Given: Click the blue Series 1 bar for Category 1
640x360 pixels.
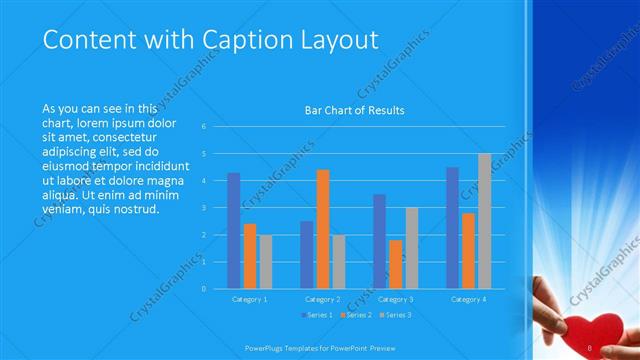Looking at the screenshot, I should click(234, 230).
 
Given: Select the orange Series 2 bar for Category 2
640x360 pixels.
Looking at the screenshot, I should click(323, 229).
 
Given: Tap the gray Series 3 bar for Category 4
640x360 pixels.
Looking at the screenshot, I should click(485, 221).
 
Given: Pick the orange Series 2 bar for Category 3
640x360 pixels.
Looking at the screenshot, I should click(396, 264).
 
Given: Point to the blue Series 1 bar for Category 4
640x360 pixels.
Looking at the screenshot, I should click(453, 227).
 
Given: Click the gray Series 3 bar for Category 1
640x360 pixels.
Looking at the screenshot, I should click(265, 262).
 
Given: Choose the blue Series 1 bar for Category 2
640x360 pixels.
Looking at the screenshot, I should click(307, 255).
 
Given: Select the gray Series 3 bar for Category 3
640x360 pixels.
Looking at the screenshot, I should click(412, 248).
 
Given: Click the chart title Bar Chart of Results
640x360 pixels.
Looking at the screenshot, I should click(355, 110).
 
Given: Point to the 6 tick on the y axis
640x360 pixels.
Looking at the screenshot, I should click(203, 127).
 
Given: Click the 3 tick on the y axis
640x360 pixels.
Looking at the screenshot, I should click(203, 208).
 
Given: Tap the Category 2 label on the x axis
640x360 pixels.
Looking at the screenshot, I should click(323, 299).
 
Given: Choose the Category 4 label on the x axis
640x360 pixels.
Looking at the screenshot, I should click(469, 299).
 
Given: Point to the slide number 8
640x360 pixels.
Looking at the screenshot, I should click(591, 347).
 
